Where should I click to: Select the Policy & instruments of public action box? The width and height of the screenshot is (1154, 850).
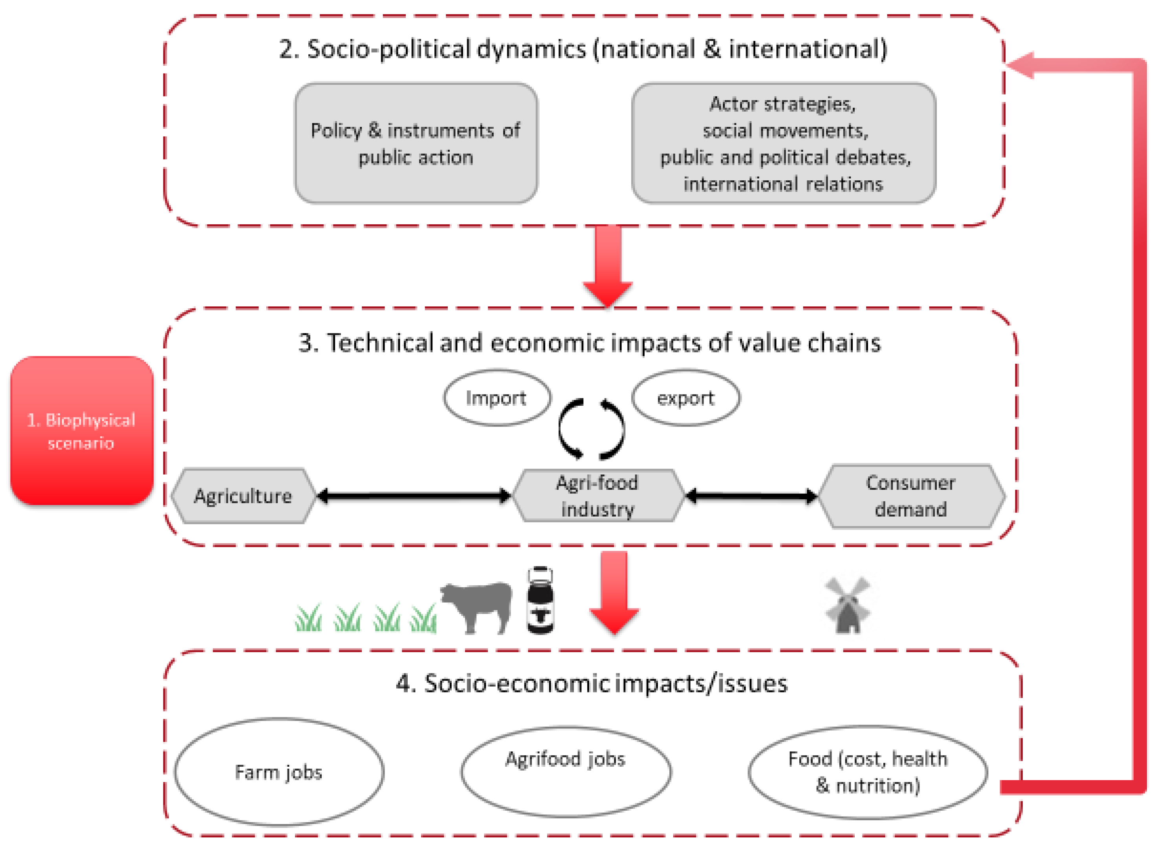click(x=416, y=143)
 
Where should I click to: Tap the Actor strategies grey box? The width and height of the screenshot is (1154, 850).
click(x=783, y=143)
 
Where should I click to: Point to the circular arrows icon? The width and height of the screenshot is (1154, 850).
click(x=591, y=429)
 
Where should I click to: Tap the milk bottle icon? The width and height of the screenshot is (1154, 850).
click(x=540, y=601)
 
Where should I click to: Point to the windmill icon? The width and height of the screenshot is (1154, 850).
click(x=847, y=606)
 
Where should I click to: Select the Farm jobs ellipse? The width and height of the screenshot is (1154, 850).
click(x=279, y=772)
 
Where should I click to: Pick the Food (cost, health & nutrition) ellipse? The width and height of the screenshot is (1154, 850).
click(x=867, y=772)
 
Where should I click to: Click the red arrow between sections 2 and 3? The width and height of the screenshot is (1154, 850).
click(x=608, y=265)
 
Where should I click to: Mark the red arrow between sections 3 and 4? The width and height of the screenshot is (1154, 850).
click(x=614, y=592)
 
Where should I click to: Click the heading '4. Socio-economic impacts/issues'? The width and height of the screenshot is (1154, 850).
click(x=592, y=684)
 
